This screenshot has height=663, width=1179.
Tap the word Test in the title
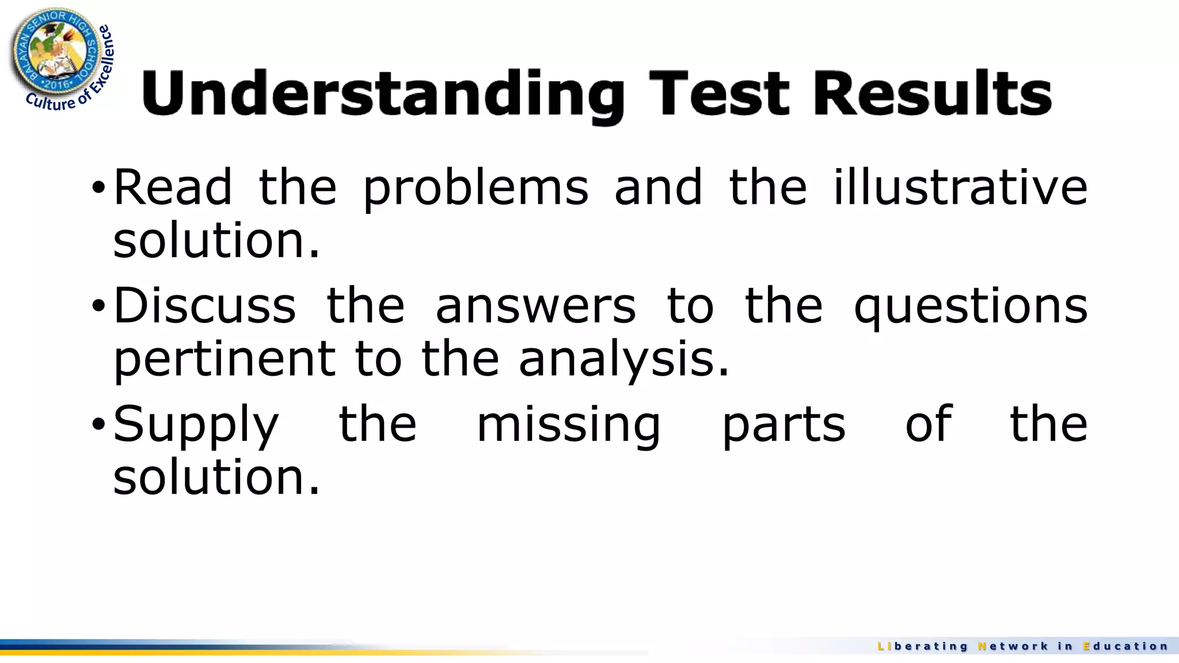pos(719,92)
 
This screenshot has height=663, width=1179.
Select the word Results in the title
pos(932,92)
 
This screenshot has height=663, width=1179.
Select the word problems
pos(476,189)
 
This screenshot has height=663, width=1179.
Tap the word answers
pos(535,306)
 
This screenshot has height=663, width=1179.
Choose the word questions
pos(971,307)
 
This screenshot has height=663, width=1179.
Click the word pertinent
pos(225,359)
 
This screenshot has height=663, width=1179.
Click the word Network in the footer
pos(1013,646)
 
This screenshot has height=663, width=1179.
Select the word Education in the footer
pos(1125,646)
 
